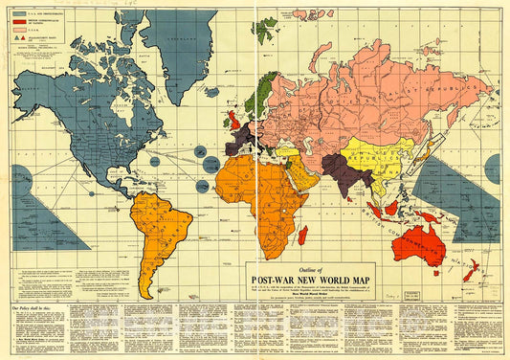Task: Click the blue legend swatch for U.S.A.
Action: coord(19,13)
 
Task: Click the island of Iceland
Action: coord(211,93)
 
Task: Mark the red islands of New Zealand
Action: coord(472,270)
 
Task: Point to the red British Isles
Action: coord(233,121)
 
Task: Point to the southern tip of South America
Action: coord(146,292)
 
